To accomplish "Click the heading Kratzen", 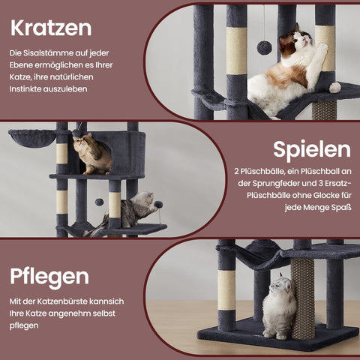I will pyautogui.click(x=51, y=28).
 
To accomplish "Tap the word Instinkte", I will pyautogui.click(x=27, y=88).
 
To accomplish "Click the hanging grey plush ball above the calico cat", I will pyautogui.click(x=264, y=47).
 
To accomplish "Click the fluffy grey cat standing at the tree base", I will pyautogui.click(x=279, y=307).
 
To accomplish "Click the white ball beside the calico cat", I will pyautogui.click(x=334, y=88).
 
